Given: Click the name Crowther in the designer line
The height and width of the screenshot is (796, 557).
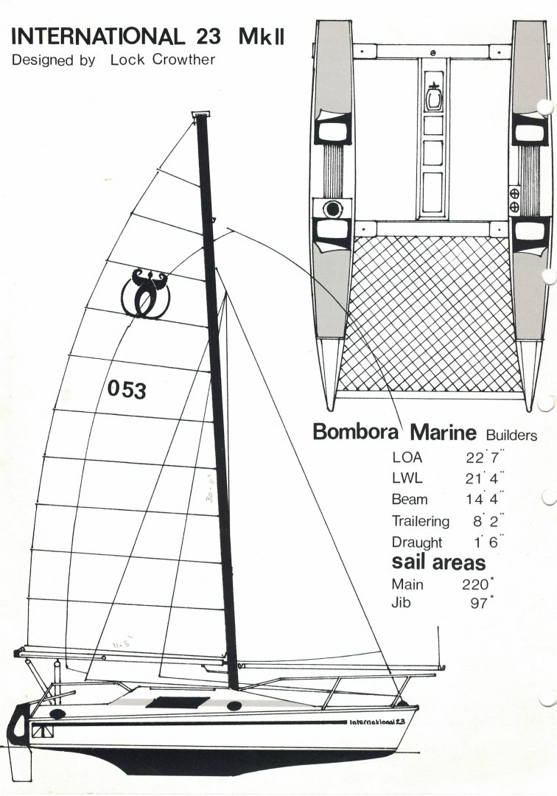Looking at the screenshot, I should point(183,60).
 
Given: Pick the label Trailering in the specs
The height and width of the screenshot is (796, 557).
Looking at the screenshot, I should point(420,521).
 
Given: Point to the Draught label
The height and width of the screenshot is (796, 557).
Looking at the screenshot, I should point(417,542).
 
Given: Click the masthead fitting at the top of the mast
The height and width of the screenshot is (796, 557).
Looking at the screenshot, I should point(200,114).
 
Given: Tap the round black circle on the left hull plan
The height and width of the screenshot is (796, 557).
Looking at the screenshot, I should point(333,209).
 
